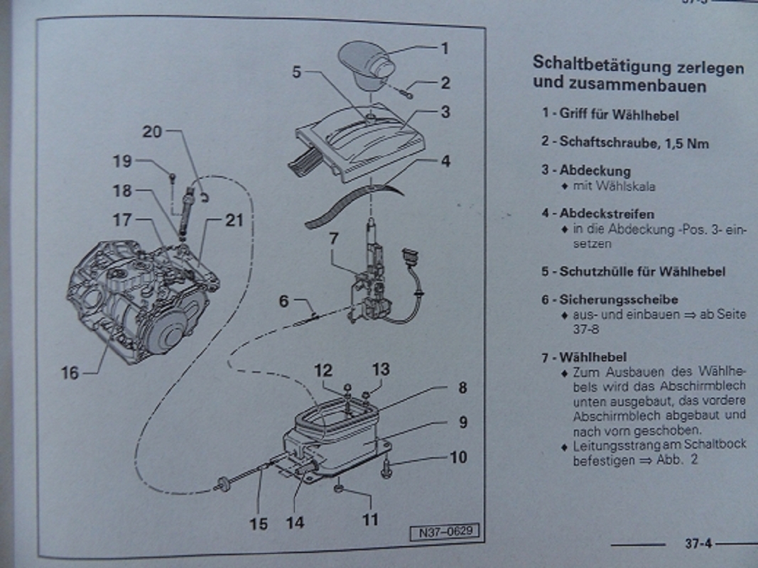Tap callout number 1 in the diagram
tap(445, 48)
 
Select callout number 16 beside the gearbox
tap(70, 371)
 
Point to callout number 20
tap(152, 131)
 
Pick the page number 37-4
tap(698, 544)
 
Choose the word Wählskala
tap(628, 187)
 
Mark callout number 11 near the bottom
tap(370, 519)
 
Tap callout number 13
tap(381, 369)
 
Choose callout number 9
tap(462, 422)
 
